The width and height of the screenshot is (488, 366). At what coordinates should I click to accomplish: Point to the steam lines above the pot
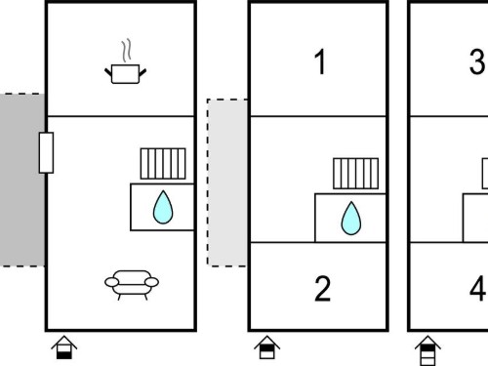(127, 51)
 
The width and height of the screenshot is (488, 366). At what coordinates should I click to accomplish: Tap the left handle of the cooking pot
(108, 72)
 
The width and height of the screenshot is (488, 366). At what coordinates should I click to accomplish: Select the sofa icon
(132, 285)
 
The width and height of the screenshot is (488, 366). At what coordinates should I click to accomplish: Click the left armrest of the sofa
(112, 282)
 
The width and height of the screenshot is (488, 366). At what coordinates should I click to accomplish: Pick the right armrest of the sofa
(151, 282)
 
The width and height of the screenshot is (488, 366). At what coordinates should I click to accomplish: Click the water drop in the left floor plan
(163, 208)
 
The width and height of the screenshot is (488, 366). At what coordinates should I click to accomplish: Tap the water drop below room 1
(351, 219)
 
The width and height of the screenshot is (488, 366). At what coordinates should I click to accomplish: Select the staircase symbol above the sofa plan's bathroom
(163, 164)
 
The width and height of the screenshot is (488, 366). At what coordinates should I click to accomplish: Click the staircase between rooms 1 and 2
(356, 174)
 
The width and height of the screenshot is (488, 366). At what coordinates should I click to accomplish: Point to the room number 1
(320, 61)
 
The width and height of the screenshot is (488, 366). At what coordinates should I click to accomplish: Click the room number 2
(322, 289)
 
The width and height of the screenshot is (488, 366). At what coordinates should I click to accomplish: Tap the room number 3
(477, 61)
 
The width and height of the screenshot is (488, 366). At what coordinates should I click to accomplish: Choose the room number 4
(478, 289)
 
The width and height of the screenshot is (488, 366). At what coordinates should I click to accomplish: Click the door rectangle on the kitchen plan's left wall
(46, 152)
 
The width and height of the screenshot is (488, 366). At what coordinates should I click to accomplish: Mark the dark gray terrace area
(22, 180)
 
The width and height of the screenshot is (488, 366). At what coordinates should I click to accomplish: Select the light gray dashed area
(227, 183)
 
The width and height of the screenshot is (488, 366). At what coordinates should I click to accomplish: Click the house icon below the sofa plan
(64, 347)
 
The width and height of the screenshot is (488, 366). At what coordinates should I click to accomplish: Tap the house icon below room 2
(267, 347)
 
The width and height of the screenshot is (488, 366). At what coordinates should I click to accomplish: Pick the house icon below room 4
(427, 350)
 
